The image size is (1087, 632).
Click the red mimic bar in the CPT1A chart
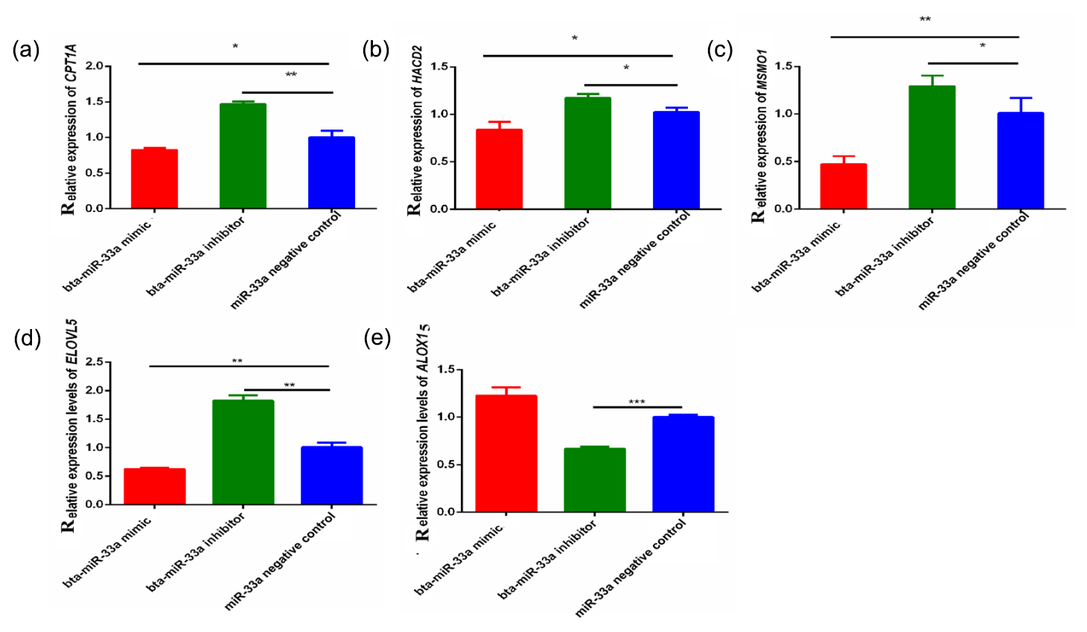point(154,179)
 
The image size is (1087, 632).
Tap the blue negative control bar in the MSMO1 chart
point(1020,161)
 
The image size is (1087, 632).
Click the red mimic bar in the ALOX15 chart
point(506,453)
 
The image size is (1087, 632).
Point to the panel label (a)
point(26,50)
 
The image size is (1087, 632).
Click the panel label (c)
point(719,50)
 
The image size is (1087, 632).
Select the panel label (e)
point(377,338)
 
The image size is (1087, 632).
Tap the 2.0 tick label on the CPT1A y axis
point(95,66)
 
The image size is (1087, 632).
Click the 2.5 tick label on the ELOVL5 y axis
point(95,362)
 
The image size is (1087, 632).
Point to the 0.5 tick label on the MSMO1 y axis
point(783,162)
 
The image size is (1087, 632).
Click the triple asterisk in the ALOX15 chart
point(637,402)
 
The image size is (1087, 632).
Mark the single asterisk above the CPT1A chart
point(235,47)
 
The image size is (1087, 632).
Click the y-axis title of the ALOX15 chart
point(422,432)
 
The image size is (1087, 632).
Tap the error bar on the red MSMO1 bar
point(843,159)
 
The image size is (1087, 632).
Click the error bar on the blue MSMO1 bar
point(1020,104)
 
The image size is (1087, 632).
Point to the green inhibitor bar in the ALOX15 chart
point(594,479)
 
